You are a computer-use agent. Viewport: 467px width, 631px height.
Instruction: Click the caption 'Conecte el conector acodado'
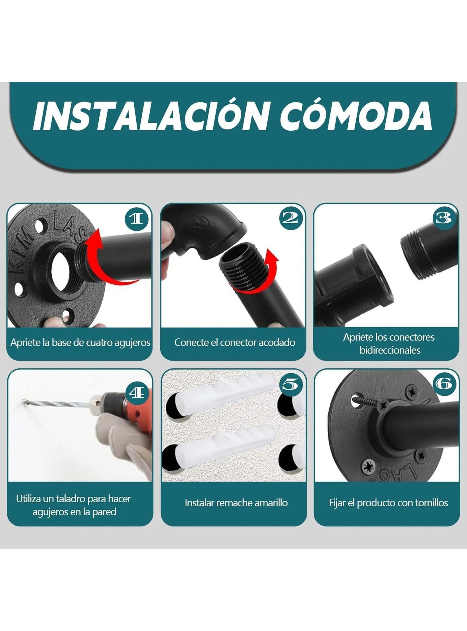point(235,343)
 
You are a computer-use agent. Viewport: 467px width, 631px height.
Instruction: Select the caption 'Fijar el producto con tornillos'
point(388,503)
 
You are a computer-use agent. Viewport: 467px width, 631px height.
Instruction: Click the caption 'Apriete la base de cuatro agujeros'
point(81,343)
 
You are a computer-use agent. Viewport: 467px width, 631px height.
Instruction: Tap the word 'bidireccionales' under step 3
point(390,350)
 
